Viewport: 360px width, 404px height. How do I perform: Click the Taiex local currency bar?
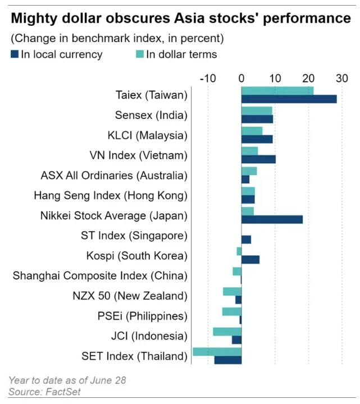coord(289,99)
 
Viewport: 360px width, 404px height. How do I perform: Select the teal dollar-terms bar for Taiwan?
coord(277,91)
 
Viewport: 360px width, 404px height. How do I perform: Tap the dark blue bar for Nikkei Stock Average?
coord(272,219)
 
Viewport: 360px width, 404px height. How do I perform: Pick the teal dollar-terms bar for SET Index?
coord(217,352)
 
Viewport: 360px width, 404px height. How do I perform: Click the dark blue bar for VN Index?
coord(258,159)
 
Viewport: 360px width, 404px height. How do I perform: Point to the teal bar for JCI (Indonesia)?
coord(227,332)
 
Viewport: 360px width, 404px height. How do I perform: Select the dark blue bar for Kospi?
coord(250,259)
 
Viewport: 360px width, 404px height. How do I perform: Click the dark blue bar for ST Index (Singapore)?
coord(246,240)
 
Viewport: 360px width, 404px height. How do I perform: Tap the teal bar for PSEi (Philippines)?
coord(231,311)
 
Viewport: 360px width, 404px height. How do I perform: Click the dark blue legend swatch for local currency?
coord(15,54)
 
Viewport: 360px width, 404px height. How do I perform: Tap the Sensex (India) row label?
coord(151,116)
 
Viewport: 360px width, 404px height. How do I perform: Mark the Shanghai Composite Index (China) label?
coord(99,276)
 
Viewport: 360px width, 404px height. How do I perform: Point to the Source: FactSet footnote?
coord(45,392)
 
